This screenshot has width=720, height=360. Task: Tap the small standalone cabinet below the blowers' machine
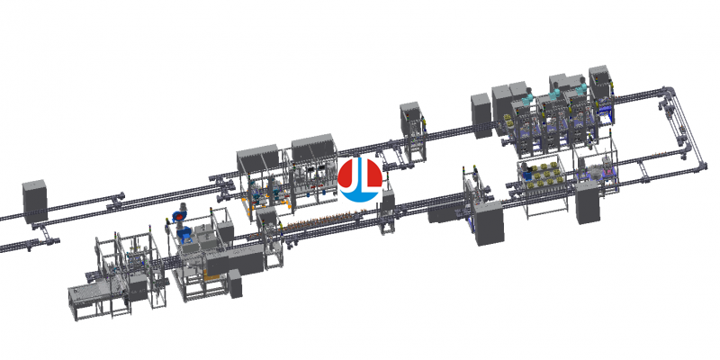click(x=236, y=286)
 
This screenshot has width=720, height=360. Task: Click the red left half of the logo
click(x=349, y=175)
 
